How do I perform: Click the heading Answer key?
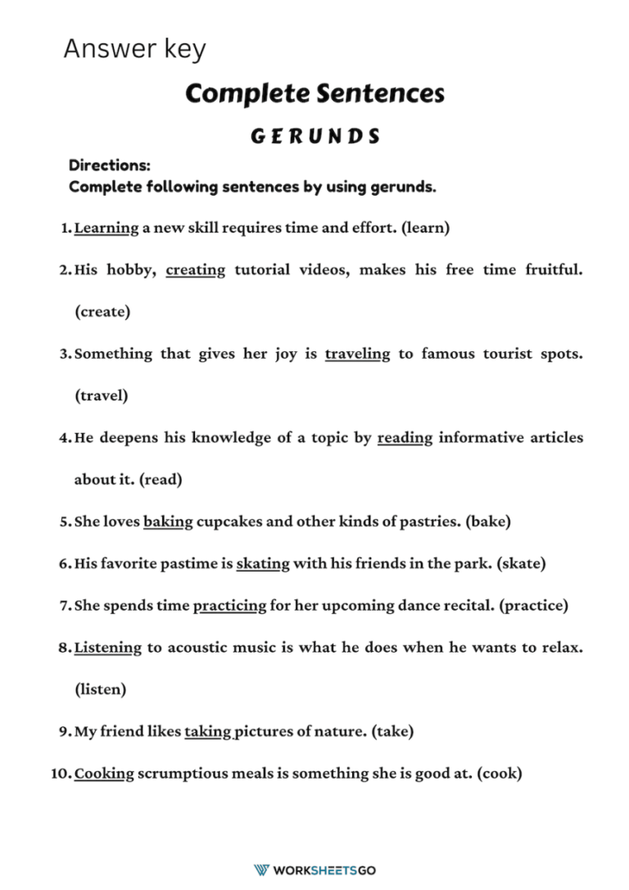(134, 49)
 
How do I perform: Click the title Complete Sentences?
(314, 93)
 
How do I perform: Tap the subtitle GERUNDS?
(314, 136)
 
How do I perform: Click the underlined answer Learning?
(106, 228)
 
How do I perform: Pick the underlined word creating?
(195, 270)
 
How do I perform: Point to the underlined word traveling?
(357, 355)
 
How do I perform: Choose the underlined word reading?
(405, 438)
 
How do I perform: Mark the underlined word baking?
(168, 522)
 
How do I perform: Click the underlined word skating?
(263, 564)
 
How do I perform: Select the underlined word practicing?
(229, 606)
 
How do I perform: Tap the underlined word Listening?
(108, 648)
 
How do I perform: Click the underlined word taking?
(208, 732)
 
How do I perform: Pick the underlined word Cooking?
(104, 774)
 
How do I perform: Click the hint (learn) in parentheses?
(425, 228)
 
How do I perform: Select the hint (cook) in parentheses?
(498, 774)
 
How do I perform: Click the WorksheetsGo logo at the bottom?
(314, 870)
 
